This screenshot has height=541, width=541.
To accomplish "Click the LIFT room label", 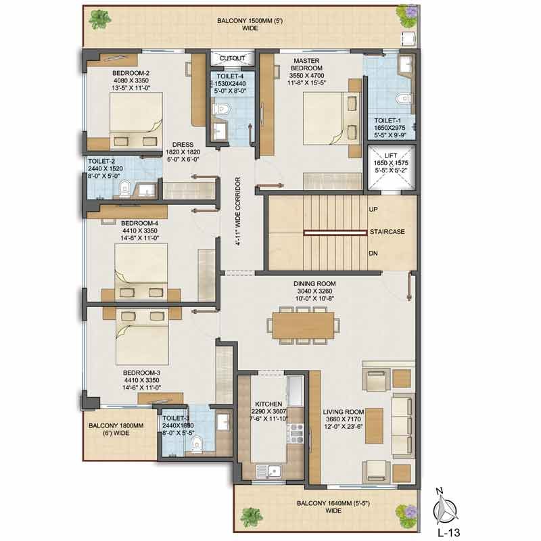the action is pos(390,156).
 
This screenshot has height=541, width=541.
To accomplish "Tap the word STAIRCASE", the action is pos(387,232).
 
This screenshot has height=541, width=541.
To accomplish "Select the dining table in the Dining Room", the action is pos(303,325).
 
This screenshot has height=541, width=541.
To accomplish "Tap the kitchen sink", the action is pos(269,471).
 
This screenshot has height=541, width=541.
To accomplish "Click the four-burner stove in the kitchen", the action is pos(296,433).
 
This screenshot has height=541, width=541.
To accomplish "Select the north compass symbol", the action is pos(445,509).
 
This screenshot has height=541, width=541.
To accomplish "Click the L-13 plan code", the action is pos(448,533).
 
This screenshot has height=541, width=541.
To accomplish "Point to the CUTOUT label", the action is pos(232,58).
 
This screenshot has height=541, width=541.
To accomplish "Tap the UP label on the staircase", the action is pos(373,210).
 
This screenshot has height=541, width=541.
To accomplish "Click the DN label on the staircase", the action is pos(373,253).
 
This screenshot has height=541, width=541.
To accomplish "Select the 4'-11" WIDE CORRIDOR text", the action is pos(238,212).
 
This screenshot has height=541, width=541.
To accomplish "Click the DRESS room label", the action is pos(183,145).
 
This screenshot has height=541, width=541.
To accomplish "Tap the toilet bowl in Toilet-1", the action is pos(403,98).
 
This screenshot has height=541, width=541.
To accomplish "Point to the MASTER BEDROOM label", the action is pos(307,64).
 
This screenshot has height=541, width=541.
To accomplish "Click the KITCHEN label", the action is pos(268,404).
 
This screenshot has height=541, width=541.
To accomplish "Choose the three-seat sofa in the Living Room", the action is pos(402,426).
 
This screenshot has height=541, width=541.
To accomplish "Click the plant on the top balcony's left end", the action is pos(100,20).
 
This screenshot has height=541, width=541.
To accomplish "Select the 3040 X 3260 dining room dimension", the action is pos(314,291).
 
